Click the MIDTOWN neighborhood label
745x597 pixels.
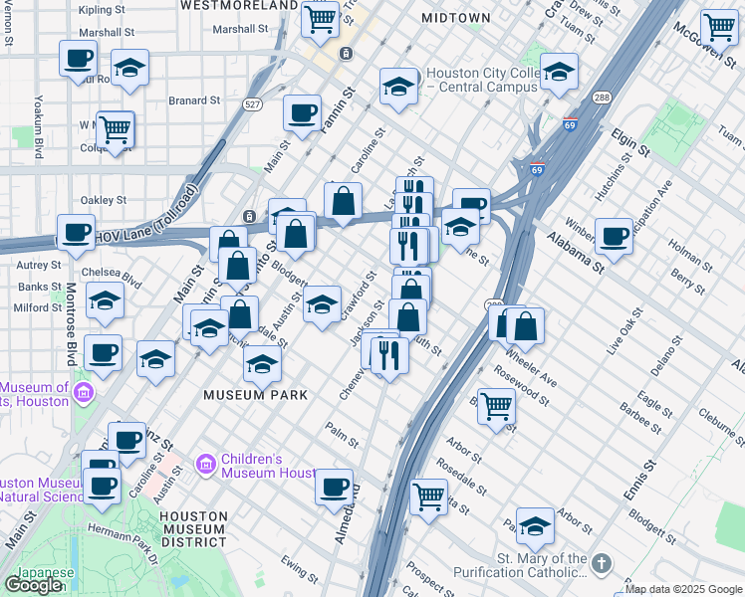pyautogui.click(x=455, y=18)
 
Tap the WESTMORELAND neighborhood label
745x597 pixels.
pyautogui.click(x=239, y=5)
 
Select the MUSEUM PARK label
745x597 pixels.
pyautogui.click(x=254, y=395)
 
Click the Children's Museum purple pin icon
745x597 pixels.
pyautogui.click(x=206, y=464)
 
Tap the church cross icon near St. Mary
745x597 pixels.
pyautogui.click(x=600, y=564)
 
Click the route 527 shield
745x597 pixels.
pyautogui.click(x=254, y=103)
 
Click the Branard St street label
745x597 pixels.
pyautogui.click(x=193, y=100)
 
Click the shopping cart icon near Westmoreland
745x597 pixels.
pyautogui.click(x=321, y=19)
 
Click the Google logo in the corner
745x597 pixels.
pyautogui.click(x=33, y=584)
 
